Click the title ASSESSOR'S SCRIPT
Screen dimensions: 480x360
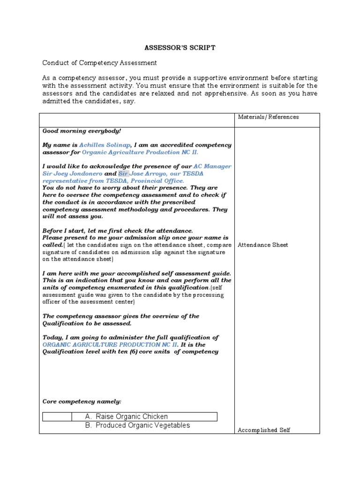tap(180, 48)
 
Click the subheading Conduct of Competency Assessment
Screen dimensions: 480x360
tap(99, 62)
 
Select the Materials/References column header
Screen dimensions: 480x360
tap(268, 117)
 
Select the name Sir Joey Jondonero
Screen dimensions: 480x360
tap(72, 173)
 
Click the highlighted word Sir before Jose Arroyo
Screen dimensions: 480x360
tap(122, 173)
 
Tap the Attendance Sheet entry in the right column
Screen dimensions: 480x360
tap(262, 245)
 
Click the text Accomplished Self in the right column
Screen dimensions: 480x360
tap(264, 430)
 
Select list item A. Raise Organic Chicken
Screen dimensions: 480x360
tap(127, 417)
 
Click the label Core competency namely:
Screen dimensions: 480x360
tap(82, 402)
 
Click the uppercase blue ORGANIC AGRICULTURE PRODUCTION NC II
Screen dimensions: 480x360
tap(111, 345)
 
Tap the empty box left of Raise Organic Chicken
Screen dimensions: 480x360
tap(57, 417)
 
